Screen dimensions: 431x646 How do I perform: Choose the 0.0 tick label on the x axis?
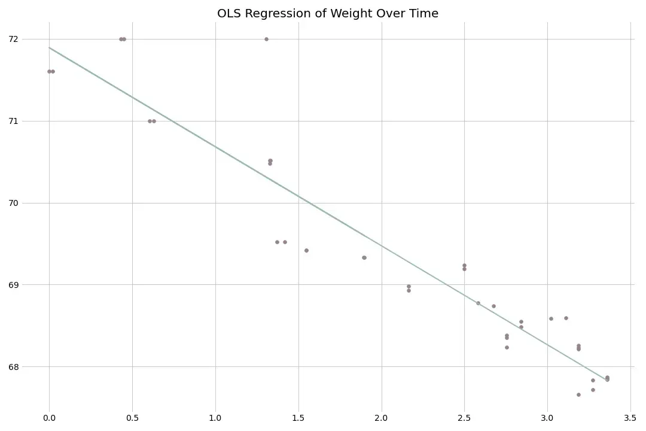pyautogui.click(x=49, y=417)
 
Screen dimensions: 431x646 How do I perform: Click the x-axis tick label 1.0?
pyautogui.click(x=215, y=417)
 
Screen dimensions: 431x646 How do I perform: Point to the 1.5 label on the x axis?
pyautogui.click(x=298, y=417)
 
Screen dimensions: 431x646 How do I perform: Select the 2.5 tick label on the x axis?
pyautogui.click(x=464, y=417)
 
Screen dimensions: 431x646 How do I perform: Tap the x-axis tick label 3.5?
pyautogui.click(x=630, y=417)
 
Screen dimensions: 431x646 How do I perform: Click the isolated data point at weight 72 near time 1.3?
pyautogui.click(x=266, y=39)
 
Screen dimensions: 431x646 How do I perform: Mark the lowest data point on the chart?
pyautogui.click(x=578, y=394)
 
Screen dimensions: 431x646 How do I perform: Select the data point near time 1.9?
pyautogui.click(x=364, y=257)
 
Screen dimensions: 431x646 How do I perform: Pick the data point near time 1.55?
pyautogui.click(x=306, y=250)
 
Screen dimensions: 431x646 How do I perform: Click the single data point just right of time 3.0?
pyautogui.click(x=551, y=318)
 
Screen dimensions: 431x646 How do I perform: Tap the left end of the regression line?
pyautogui.click(x=50, y=48)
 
